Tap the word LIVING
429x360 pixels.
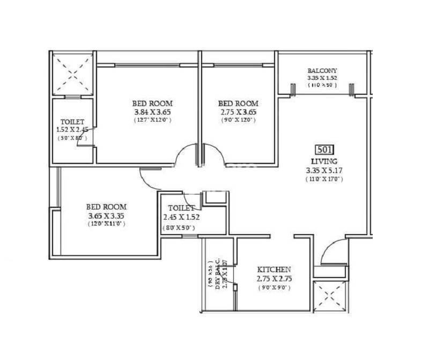323,161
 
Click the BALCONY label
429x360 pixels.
322,70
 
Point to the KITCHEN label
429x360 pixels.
273,269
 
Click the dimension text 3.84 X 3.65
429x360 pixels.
152,112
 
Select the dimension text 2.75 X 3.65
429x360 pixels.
238,112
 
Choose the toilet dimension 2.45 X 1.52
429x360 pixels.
181,217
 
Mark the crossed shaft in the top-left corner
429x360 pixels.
72,74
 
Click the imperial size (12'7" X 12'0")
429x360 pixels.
152,121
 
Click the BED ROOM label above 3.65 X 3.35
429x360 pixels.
107,206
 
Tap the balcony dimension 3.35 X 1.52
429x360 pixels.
322,78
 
